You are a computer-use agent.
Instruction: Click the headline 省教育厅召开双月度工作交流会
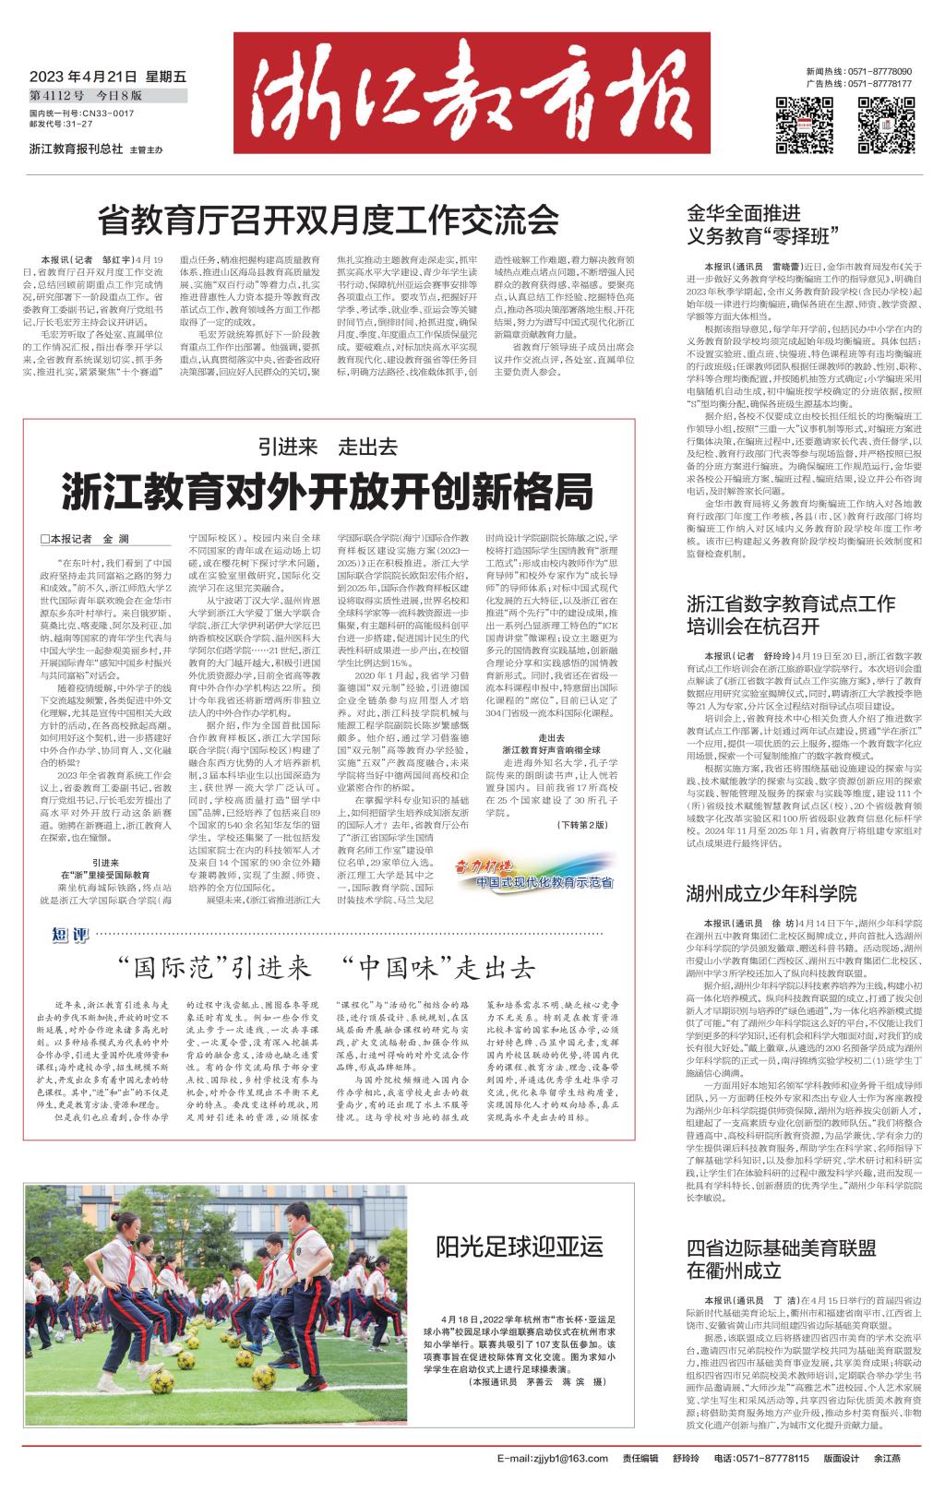[329, 221]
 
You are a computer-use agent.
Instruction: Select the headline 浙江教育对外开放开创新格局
[328, 492]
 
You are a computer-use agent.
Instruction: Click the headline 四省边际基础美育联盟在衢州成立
[781, 1260]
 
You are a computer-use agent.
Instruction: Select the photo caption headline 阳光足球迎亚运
[520, 1246]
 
